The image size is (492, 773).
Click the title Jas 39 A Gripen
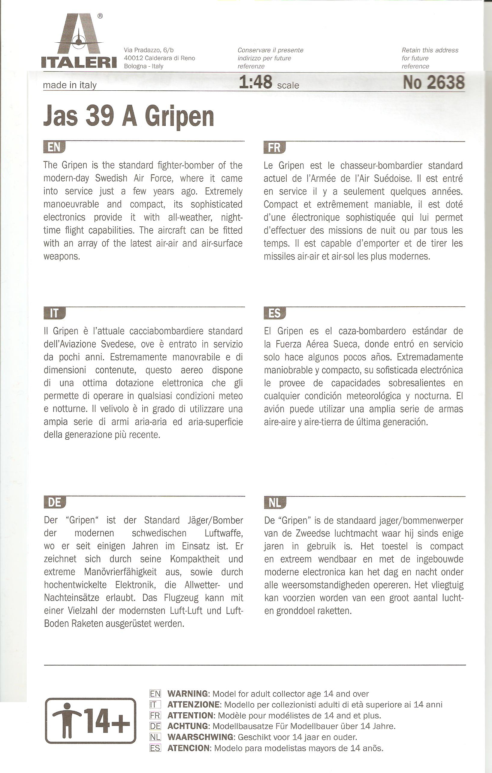click(128, 116)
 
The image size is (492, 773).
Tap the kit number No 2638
click(433, 82)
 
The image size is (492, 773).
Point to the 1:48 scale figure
click(256, 82)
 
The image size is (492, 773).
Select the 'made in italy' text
click(70, 85)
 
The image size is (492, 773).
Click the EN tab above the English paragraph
click(54, 147)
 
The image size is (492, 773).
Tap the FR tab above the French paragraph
click(274, 148)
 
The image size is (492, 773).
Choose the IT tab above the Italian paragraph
click(54, 313)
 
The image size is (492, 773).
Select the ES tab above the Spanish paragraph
click(274, 313)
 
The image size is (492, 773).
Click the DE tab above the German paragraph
click(54, 502)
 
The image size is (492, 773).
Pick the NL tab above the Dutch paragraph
click(275, 503)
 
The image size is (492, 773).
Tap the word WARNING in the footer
click(187, 694)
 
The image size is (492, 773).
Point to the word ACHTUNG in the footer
click(188, 726)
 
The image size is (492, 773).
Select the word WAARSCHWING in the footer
click(200, 737)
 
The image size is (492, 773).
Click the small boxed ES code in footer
click(155, 748)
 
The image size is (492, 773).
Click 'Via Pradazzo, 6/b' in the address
click(149, 50)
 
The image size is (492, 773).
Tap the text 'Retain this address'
click(430, 50)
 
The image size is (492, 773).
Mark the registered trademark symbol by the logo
click(100, 16)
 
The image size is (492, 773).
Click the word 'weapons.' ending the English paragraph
click(62, 256)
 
